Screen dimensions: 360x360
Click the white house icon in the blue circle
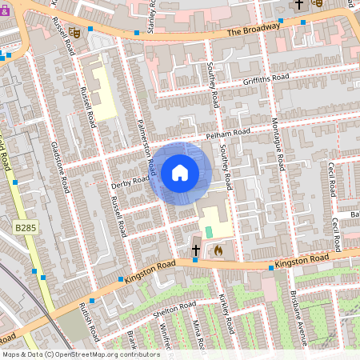(180, 172)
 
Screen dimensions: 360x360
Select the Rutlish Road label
(89, 317)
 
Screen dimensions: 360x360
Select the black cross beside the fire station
(196, 250)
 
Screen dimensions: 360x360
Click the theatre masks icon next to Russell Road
(74, 33)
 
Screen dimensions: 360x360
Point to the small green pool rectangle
(209, 231)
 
